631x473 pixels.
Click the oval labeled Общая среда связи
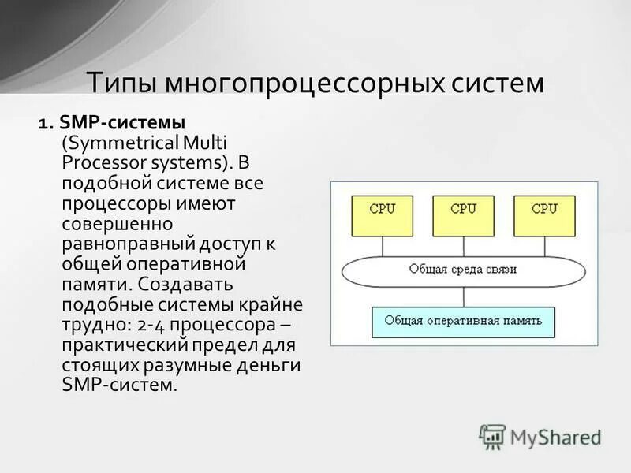(463, 270)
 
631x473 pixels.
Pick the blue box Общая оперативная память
(463, 321)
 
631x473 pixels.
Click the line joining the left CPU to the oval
(383, 245)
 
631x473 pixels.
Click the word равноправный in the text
(120, 243)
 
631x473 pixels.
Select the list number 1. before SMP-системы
(44, 124)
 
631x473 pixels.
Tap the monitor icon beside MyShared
(492, 437)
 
